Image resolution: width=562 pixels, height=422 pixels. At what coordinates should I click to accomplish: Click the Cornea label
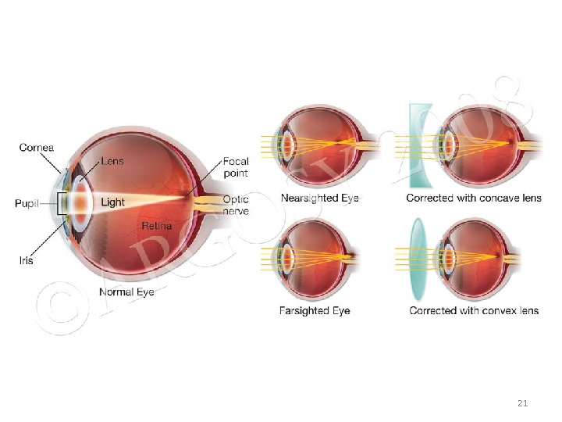pos(37,145)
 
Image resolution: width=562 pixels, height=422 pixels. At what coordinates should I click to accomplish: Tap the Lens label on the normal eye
pos(112,162)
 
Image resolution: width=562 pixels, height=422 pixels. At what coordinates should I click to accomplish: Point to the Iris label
pos(26,260)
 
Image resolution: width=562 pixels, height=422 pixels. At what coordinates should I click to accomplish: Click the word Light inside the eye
pos(113,202)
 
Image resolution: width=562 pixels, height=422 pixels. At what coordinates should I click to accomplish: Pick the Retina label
pos(156,226)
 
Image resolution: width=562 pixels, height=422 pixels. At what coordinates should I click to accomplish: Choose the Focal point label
pos(237,166)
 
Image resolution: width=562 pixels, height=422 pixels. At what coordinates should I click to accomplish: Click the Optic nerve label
pos(237,205)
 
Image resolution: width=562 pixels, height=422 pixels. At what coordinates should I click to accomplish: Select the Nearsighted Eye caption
pos(319,198)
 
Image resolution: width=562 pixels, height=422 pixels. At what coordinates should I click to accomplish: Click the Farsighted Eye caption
pos(315,310)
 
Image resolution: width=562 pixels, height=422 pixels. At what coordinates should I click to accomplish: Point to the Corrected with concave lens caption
pos(474,198)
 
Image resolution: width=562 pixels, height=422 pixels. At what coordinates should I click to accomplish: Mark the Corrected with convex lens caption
pos(474,310)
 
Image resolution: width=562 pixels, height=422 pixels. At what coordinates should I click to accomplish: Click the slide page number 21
pos(523,403)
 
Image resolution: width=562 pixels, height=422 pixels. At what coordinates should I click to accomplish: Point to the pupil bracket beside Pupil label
pos(59,202)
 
